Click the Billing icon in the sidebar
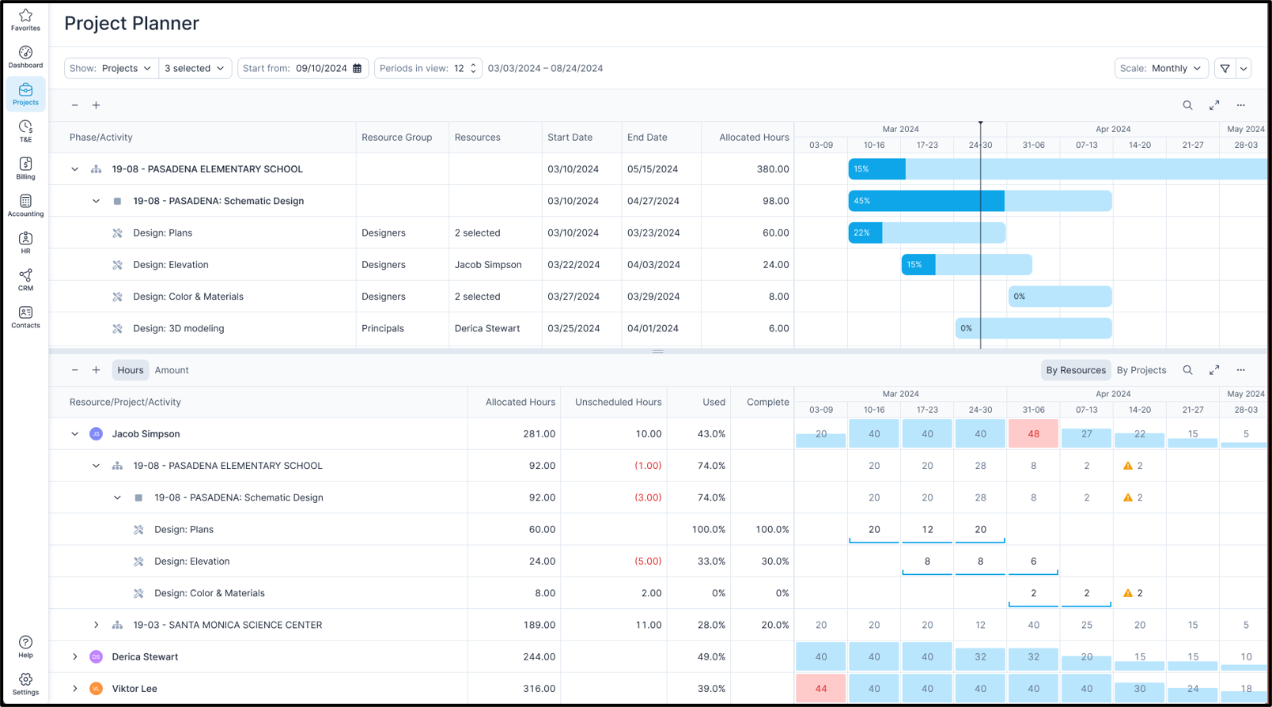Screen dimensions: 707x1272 (25, 168)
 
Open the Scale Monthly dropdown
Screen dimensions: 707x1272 (1161, 68)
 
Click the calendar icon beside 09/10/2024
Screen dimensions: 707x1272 (358, 68)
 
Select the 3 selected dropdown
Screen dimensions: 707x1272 (195, 68)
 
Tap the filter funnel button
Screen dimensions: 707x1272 (1225, 68)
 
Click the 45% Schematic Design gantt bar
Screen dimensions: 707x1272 (926, 201)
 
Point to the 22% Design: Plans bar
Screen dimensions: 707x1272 (865, 233)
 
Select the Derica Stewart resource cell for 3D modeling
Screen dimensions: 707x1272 (486, 328)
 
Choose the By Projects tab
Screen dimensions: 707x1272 (1141, 370)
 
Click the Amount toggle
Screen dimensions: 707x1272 (172, 370)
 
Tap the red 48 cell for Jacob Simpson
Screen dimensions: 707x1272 (1033, 433)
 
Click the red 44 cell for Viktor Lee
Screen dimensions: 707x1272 (820, 688)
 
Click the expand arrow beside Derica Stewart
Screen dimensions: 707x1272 (75, 656)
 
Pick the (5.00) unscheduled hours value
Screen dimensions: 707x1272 (647, 561)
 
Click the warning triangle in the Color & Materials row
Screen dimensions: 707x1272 (1128, 593)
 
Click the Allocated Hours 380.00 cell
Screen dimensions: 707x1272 (772, 169)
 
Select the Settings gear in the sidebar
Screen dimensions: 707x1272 (25, 682)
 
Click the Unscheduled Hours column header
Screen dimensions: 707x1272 (618, 402)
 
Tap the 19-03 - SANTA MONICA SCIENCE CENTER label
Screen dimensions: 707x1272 (227, 625)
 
